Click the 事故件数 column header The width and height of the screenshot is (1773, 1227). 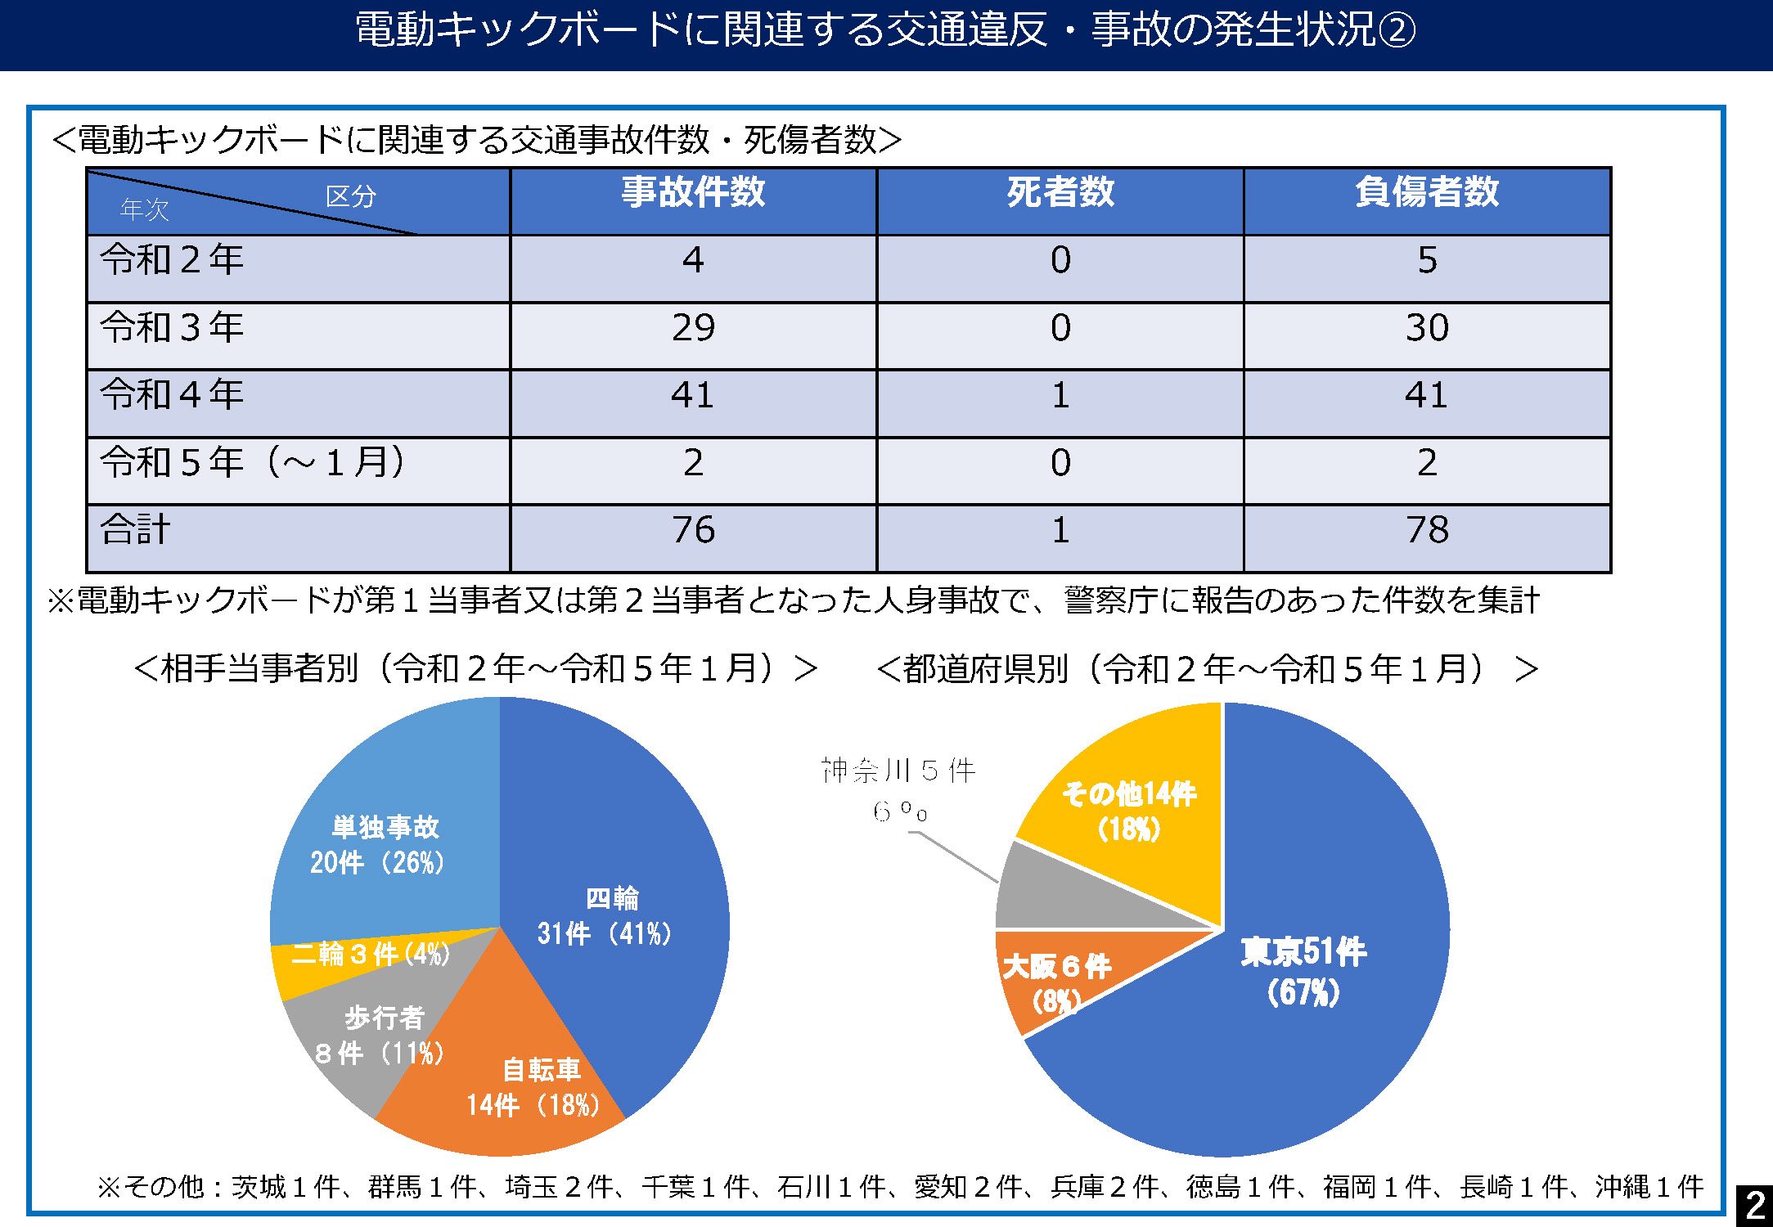(693, 193)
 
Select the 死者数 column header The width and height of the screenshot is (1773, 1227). (1060, 193)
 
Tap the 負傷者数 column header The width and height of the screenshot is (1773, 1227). (1427, 193)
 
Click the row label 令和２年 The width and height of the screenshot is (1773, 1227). (173, 260)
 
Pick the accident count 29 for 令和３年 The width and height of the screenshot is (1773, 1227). (693, 328)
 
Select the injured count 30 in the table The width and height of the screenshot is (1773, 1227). (1427, 328)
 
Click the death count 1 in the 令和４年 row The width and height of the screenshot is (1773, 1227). (1060, 396)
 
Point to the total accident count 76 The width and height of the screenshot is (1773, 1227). (693, 530)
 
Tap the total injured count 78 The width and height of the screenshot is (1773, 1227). (1427, 530)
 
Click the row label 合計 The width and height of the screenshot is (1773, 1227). (136, 529)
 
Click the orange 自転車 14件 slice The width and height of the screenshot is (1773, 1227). (524, 1080)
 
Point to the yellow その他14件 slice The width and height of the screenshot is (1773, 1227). (1129, 810)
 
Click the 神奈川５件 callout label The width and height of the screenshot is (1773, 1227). (898, 771)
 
